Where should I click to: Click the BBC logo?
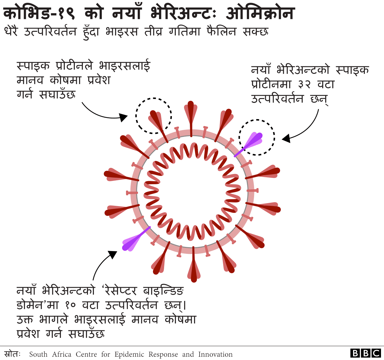coord(366,353)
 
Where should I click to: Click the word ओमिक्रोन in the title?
coord(260,13)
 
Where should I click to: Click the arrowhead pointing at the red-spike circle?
coord(123,117)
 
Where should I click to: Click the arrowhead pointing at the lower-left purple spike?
coord(112,255)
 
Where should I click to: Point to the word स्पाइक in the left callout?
coord(33,66)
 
